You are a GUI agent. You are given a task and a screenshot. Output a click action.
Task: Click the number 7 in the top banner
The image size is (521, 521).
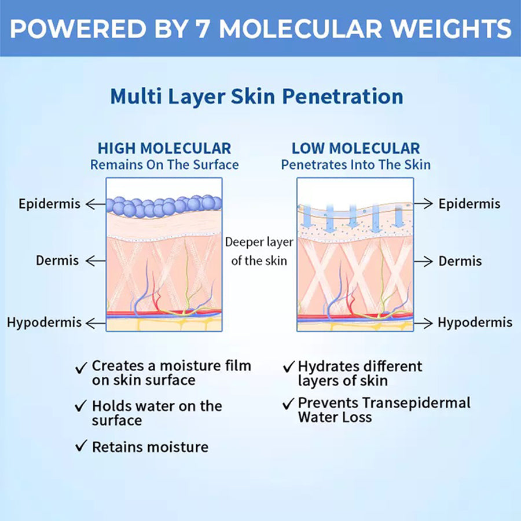point(199,28)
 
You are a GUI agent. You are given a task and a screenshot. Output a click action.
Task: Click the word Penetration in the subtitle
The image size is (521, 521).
point(343,97)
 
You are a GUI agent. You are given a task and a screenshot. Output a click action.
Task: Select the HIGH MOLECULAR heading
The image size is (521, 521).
point(164,149)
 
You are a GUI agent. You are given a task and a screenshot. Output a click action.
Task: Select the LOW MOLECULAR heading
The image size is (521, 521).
point(355,149)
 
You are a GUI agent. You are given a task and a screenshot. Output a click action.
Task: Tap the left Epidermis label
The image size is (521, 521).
point(49,204)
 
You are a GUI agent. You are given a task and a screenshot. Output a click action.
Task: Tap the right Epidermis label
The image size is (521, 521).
point(469,204)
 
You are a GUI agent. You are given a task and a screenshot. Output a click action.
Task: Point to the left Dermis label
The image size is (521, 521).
point(57,260)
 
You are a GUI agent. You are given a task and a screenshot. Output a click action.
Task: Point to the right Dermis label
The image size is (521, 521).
point(460,261)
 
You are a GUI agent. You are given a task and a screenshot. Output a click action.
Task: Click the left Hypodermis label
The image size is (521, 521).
point(44,322)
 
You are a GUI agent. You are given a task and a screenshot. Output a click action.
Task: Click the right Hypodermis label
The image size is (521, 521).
point(475,322)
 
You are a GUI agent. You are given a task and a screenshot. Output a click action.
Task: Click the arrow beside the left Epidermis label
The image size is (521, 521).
point(96,204)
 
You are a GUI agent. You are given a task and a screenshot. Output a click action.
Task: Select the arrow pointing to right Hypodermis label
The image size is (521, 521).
point(423,322)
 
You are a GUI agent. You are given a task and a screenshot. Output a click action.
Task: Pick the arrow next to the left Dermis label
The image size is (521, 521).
point(96,261)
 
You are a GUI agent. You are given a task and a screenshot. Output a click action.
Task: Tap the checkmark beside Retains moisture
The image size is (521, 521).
point(80,446)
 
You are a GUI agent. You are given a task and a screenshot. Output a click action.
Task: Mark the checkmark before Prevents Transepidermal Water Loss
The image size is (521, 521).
point(288,403)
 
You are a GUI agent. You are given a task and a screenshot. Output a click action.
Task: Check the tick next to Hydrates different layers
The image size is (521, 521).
point(288,366)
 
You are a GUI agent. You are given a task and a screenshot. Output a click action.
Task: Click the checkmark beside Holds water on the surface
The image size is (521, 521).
point(80,406)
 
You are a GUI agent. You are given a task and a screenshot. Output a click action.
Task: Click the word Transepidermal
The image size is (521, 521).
point(416,403)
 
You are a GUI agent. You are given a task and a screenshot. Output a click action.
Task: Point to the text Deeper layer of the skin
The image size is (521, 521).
point(259,251)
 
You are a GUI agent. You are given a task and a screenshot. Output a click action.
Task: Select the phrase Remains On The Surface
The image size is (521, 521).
point(164,165)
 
